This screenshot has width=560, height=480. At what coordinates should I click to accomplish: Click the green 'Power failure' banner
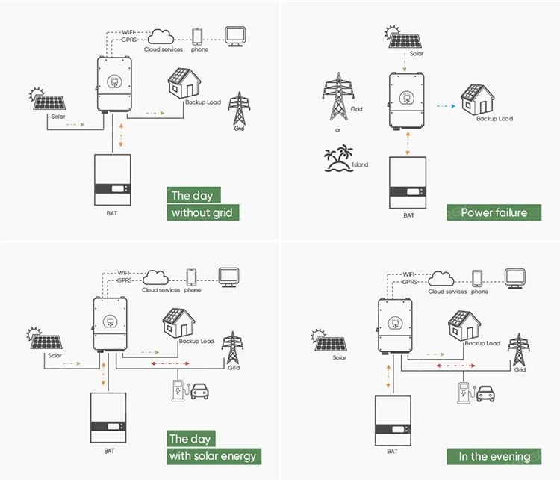[494, 212]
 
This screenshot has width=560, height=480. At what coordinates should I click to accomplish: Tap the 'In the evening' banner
[494, 456]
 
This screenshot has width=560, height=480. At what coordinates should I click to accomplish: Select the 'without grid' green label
[203, 212]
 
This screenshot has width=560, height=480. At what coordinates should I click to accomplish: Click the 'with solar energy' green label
[214, 456]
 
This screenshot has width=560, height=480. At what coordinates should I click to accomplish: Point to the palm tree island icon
[338, 159]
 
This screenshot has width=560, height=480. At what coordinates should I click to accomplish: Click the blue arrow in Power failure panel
[446, 106]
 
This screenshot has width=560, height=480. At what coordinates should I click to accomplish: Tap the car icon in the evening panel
[486, 394]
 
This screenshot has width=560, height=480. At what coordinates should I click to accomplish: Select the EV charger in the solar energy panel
[179, 390]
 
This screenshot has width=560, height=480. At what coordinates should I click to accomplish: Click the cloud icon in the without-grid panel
[161, 36]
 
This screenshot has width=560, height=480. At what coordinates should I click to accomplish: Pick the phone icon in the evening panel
[477, 278]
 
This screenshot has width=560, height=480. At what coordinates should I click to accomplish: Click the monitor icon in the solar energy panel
[229, 277]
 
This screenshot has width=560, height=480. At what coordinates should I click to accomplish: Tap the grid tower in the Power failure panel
[338, 96]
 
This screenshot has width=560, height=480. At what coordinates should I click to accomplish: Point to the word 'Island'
[360, 164]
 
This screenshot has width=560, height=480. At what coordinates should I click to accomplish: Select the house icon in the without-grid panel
[184, 83]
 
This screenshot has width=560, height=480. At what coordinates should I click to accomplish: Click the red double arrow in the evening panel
[455, 366]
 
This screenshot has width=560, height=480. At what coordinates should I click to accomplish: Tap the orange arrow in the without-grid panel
[121, 135]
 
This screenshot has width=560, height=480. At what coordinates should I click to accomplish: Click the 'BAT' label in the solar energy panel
[109, 451]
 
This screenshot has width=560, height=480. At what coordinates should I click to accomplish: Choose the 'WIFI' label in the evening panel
[409, 274]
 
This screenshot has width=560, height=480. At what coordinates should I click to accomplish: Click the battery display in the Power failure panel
[413, 191]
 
